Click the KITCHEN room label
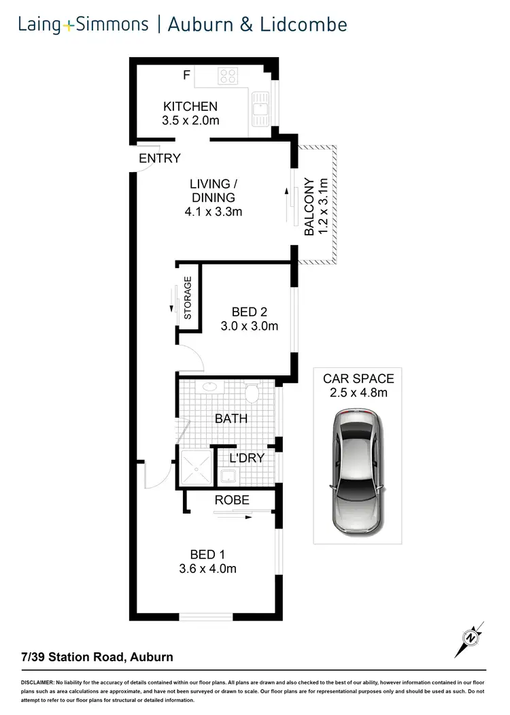click(x=190, y=106)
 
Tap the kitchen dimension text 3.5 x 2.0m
click(x=190, y=121)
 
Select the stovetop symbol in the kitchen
click(x=227, y=76)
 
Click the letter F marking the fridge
click(x=186, y=76)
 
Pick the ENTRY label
click(x=160, y=159)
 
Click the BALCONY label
click(x=309, y=207)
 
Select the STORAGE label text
click(x=188, y=298)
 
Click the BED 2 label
click(x=250, y=312)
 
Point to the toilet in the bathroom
click(x=252, y=393)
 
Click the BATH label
click(x=231, y=418)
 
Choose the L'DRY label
click(x=246, y=458)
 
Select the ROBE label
click(x=232, y=500)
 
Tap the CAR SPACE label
click(x=358, y=379)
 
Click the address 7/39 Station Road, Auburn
click(x=97, y=657)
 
